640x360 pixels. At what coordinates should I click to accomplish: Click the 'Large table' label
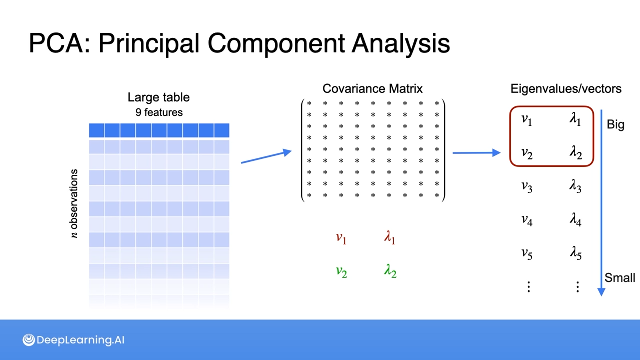point(158,97)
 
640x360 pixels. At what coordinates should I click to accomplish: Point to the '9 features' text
point(159,112)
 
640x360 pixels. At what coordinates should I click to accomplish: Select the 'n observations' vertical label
point(74,203)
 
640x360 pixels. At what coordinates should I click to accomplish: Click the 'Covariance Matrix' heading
point(372,89)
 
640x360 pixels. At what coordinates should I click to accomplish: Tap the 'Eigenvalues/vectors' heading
point(566,89)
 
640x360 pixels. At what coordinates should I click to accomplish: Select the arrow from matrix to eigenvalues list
point(476,153)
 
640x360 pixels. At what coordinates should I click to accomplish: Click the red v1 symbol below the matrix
point(341,238)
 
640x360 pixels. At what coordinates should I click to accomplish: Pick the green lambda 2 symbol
point(390,271)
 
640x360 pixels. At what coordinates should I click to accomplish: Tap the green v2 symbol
point(341,272)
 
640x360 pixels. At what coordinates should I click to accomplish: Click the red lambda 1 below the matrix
point(389,237)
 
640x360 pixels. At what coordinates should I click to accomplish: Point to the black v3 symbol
point(527,186)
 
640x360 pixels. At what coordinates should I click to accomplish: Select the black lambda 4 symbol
point(575,219)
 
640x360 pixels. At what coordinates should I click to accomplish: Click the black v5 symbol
point(527,254)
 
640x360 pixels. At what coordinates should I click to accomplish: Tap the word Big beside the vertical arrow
point(615,124)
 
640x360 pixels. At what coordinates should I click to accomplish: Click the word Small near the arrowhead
point(620,278)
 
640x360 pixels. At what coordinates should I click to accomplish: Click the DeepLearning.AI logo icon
point(29,340)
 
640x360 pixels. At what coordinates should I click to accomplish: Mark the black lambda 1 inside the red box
point(575,119)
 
